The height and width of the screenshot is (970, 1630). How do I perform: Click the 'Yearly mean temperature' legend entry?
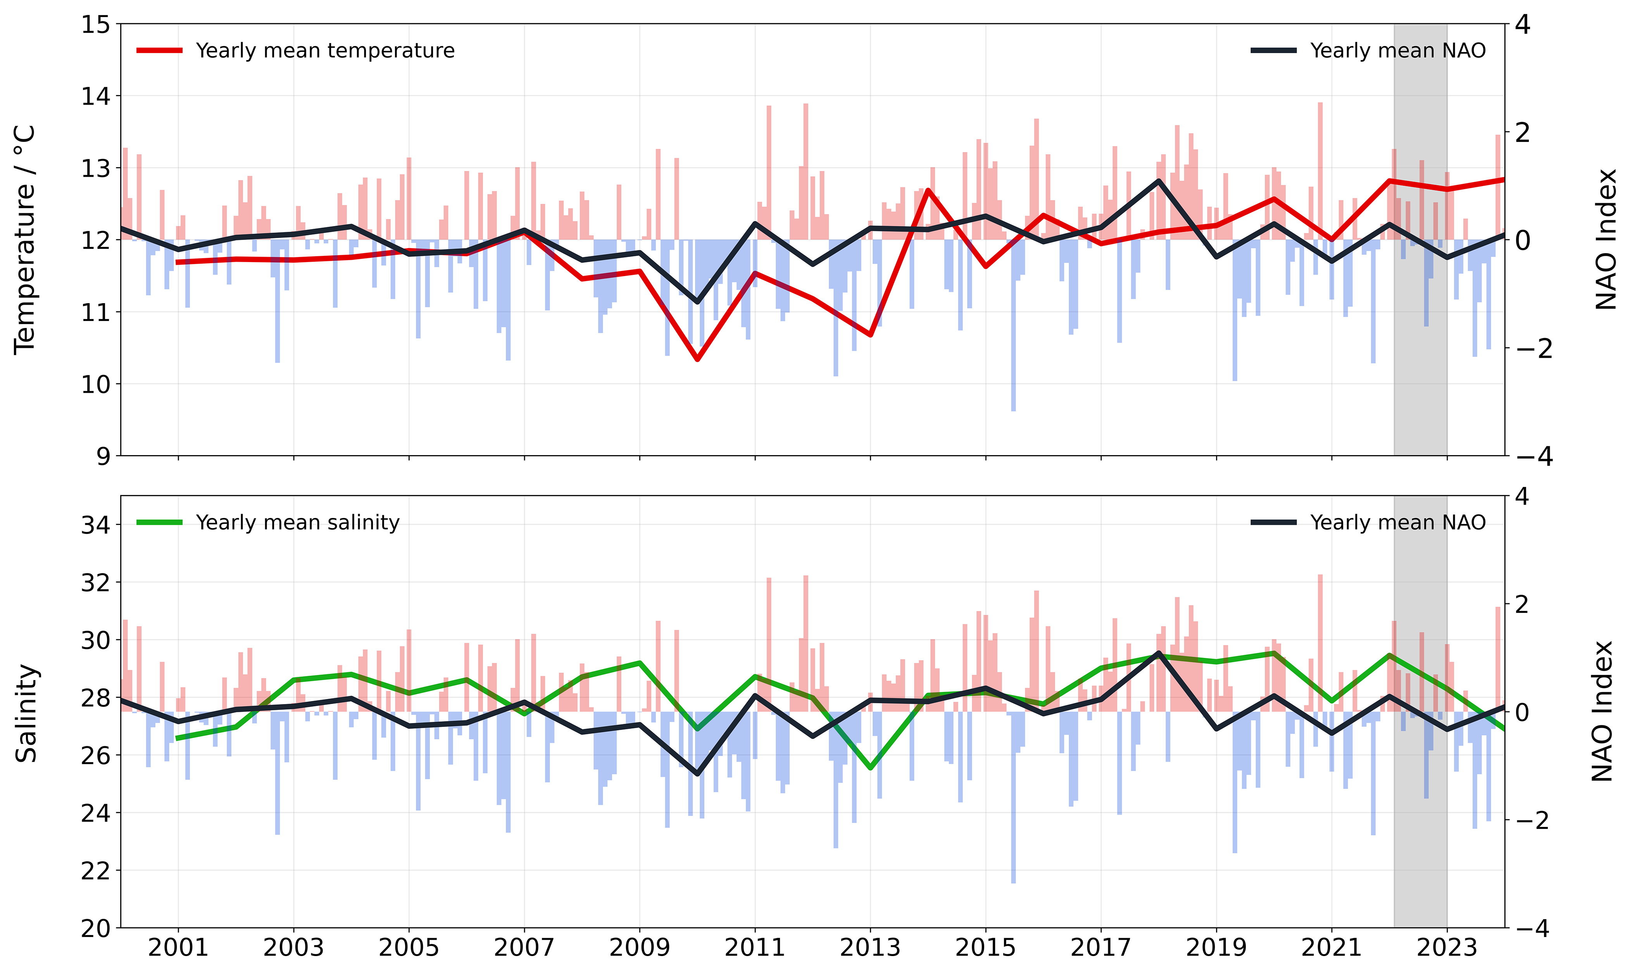coord(295,50)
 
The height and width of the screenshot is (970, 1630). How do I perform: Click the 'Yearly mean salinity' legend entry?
coord(268,522)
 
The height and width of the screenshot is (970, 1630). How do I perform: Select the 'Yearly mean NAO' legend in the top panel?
coord(1368,50)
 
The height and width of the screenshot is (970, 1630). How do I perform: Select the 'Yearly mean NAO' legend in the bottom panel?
coord(1368,522)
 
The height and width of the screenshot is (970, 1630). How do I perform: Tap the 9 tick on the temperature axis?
coord(103,456)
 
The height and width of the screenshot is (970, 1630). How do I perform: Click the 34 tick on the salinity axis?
coord(95,525)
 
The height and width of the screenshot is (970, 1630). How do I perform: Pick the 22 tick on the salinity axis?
coord(95,871)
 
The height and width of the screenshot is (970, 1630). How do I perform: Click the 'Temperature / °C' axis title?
coord(25,240)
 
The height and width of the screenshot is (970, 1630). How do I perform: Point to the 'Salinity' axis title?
coord(26,713)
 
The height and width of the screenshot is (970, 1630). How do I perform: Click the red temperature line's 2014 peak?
coord(928,190)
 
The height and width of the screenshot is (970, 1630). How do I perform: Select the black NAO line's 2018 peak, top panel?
coord(1159,180)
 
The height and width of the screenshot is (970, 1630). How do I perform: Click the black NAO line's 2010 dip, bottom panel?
coord(697,774)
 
